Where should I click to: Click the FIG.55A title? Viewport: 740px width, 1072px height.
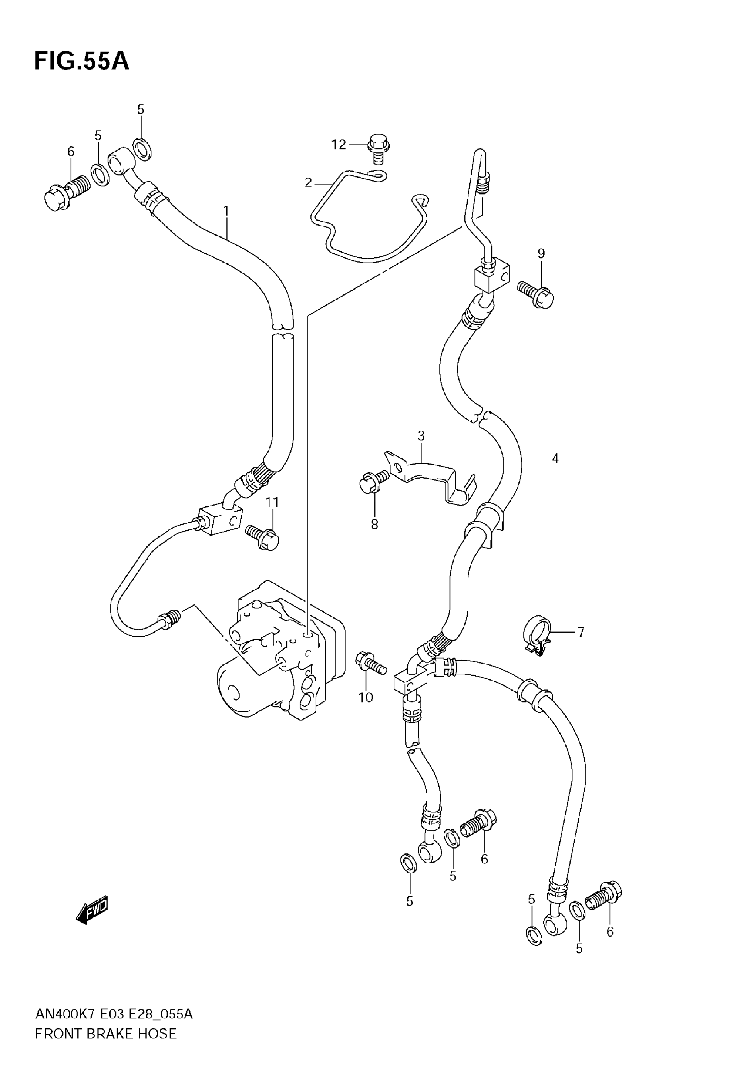81,61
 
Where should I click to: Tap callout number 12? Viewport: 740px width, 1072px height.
339,145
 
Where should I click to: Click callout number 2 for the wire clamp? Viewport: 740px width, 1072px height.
308,183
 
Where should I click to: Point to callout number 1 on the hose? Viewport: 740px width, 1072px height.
226,211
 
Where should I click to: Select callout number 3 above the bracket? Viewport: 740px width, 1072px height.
421,436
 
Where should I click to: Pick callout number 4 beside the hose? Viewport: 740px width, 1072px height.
555,458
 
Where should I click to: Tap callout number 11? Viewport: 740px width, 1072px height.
272,502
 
